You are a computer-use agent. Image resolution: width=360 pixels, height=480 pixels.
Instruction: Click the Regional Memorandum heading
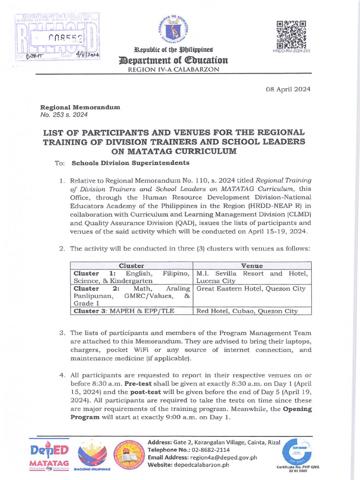click(x=86, y=107)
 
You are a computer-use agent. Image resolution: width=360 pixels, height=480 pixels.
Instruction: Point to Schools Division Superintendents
click(x=124, y=163)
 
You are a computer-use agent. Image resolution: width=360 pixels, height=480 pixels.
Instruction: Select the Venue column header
click(x=252, y=265)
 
